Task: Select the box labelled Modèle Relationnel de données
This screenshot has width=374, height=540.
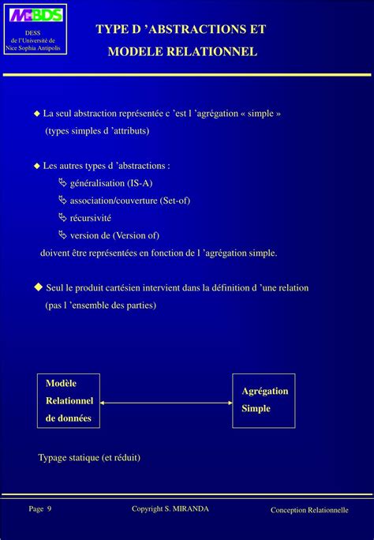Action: [x=69, y=401]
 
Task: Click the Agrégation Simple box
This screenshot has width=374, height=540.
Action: [x=264, y=400]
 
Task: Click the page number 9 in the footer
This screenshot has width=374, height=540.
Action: [x=49, y=508]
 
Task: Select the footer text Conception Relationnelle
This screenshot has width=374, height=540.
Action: [x=309, y=510]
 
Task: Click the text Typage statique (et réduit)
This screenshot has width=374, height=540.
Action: [x=89, y=457]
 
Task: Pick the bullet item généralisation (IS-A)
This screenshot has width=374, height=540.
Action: [x=110, y=183]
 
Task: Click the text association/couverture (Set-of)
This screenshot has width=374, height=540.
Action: [x=129, y=201]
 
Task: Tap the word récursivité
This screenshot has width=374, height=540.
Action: [x=91, y=218]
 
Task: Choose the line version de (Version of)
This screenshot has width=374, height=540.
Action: [x=114, y=235]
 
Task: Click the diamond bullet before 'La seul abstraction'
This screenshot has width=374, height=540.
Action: [x=36, y=114]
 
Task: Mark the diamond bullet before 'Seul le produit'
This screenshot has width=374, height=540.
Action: [x=37, y=287]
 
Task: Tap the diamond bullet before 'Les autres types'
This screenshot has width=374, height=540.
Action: [x=36, y=166]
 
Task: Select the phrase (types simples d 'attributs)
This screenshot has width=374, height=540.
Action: [x=96, y=130]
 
